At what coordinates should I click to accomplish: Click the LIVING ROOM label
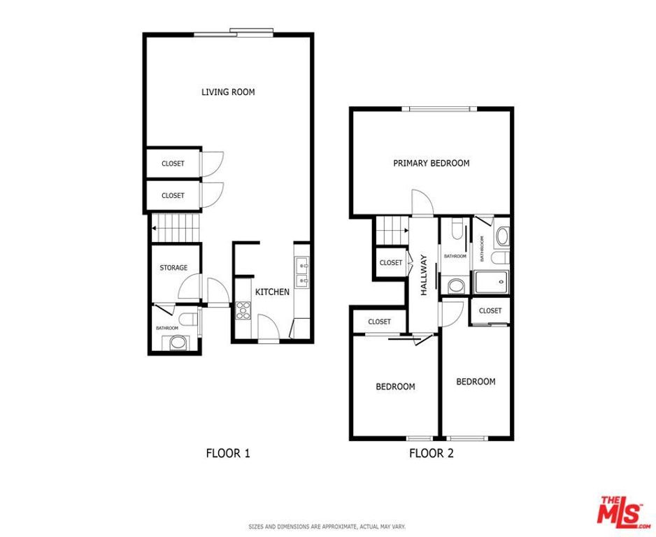(x=228, y=92)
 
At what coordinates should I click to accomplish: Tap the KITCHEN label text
(x=272, y=292)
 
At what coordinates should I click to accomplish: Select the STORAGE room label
(x=173, y=268)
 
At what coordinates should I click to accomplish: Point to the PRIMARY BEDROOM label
(x=431, y=164)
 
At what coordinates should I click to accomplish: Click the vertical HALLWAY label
(x=424, y=275)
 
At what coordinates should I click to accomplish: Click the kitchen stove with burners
(x=243, y=310)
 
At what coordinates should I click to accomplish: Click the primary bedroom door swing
(x=422, y=202)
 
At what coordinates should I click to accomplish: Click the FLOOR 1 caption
(x=228, y=453)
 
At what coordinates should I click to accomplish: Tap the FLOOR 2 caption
(x=432, y=453)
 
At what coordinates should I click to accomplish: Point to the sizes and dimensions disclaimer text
(x=327, y=527)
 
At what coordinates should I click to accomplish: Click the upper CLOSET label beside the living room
(x=173, y=164)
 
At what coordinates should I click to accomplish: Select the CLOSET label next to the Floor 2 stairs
(x=390, y=263)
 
